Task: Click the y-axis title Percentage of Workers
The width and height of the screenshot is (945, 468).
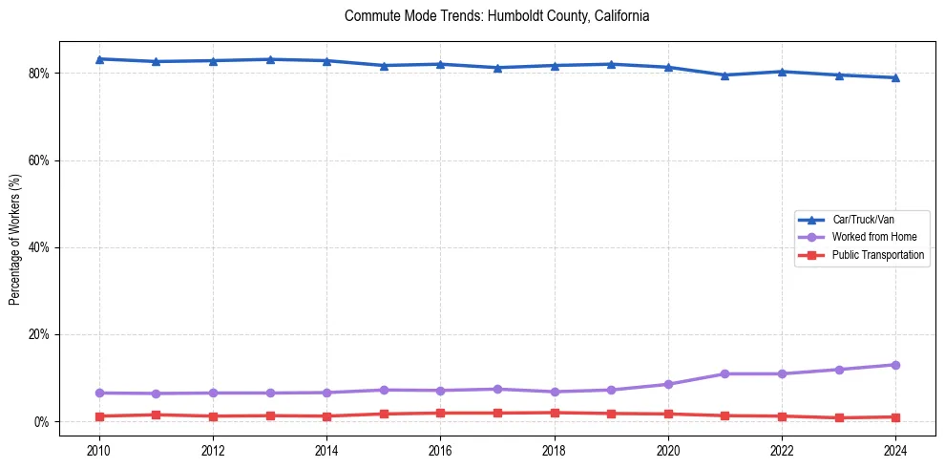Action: tap(15, 239)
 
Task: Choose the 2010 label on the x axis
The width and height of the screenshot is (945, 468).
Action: tap(99, 450)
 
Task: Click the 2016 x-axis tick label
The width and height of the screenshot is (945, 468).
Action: tap(440, 450)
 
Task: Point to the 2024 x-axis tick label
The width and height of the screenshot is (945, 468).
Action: tap(895, 450)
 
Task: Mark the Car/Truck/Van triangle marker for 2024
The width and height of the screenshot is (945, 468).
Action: tap(895, 77)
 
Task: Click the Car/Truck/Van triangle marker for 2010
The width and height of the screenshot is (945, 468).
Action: tap(99, 59)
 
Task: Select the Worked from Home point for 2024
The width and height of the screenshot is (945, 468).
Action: tap(895, 365)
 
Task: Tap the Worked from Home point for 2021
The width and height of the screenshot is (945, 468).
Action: tap(724, 373)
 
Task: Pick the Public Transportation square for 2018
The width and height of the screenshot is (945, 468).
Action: tap(554, 413)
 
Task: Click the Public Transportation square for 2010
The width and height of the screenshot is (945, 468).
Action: tap(99, 416)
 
